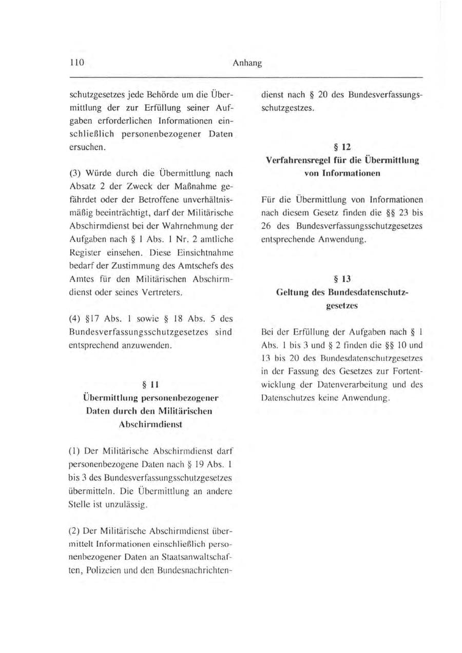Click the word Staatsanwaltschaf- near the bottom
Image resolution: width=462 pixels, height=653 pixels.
[200, 569]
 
